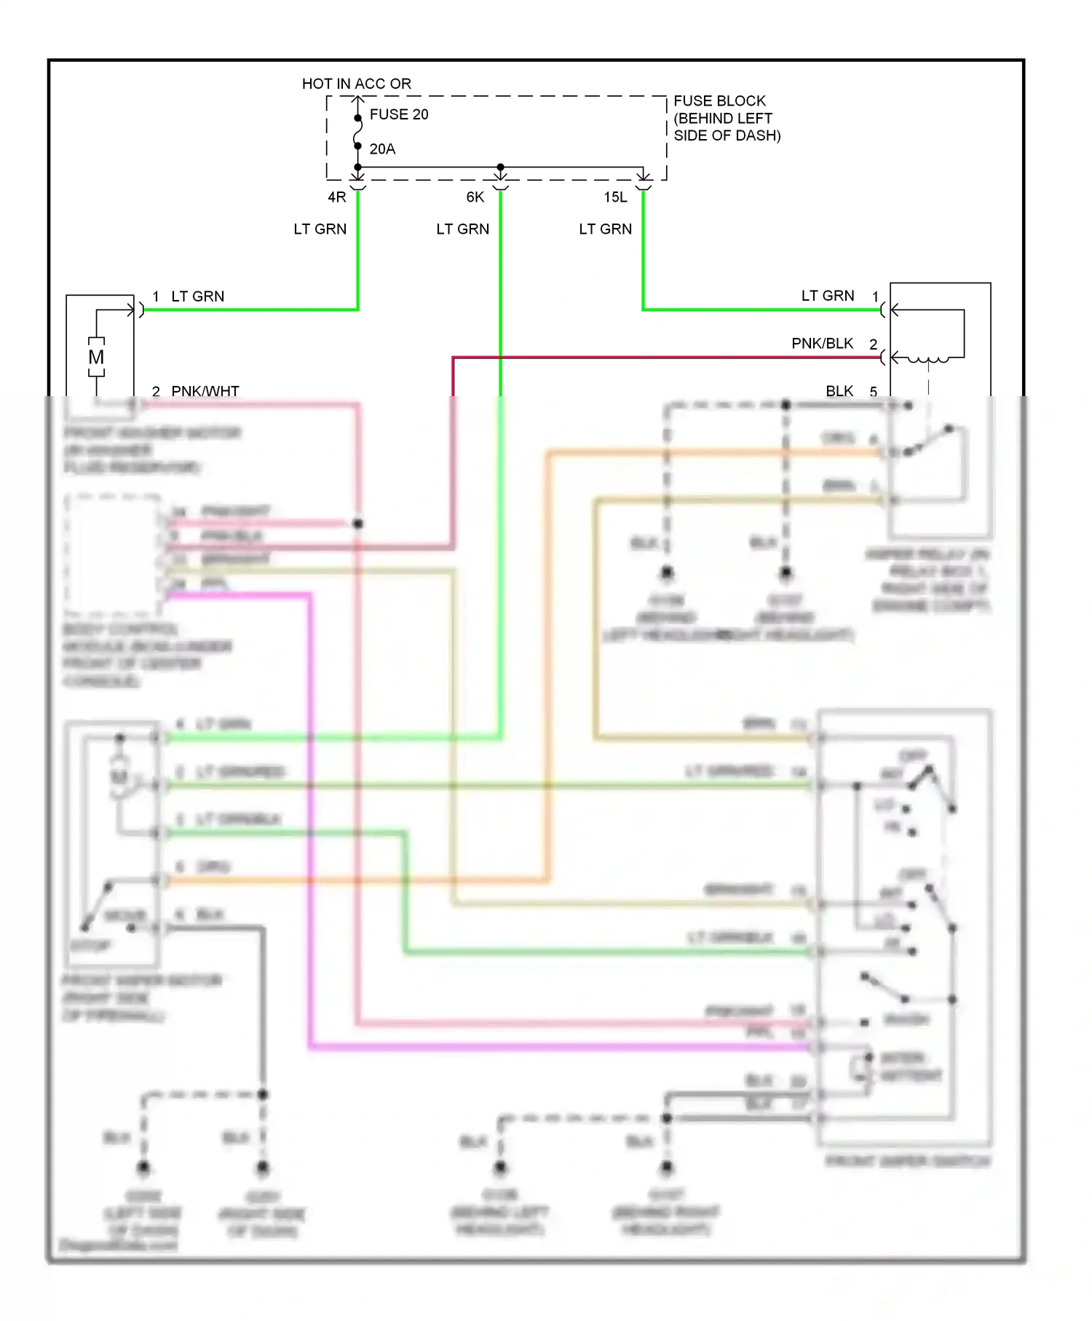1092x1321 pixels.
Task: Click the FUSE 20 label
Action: coord(398,114)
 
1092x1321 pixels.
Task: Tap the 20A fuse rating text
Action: coord(382,149)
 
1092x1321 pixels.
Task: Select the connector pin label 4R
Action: coord(337,197)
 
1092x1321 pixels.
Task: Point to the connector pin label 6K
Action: coord(475,197)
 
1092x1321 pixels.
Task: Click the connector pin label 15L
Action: coord(615,197)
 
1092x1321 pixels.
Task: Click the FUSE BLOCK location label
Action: coord(726,118)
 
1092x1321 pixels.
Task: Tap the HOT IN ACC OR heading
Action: coord(357,84)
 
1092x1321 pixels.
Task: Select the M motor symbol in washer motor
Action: coord(96,357)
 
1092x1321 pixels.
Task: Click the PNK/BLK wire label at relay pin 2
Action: coord(822,344)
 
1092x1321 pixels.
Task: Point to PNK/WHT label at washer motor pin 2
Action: coord(205,392)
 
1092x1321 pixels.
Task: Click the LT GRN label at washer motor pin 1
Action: coord(197,296)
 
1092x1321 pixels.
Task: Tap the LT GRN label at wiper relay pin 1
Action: coord(828,296)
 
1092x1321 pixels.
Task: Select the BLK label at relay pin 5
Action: coord(839,392)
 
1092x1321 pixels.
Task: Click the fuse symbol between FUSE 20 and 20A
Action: coord(357,133)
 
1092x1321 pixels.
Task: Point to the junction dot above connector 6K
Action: coord(500,167)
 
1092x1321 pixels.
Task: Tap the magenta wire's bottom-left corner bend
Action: coord(311,1047)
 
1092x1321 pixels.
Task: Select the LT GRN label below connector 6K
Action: coord(462,229)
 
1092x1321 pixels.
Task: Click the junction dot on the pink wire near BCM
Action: coord(357,524)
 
